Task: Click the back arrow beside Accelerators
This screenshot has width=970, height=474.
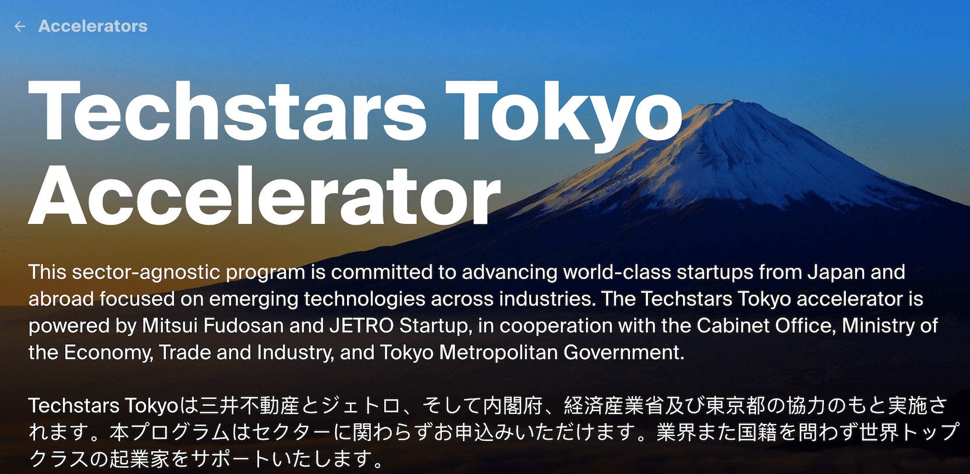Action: pyautogui.click(x=20, y=26)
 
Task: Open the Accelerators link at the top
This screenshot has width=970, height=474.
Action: pyautogui.click(x=93, y=26)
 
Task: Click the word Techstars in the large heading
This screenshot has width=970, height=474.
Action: pyautogui.click(x=227, y=112)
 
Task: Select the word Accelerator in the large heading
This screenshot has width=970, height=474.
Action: pyautogui.click(x=264, y=196)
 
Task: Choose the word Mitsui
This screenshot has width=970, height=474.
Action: pyautogui.click(x=170, y=326)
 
